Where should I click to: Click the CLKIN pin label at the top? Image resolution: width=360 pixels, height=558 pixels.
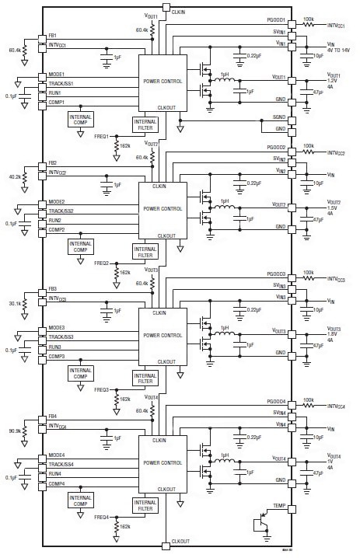178,12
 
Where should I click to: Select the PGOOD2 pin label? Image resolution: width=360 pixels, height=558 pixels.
275,148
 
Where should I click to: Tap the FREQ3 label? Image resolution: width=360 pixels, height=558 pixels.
102,389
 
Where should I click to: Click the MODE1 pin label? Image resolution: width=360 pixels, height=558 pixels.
57,75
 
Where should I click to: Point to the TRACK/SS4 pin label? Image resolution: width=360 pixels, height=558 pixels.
61,463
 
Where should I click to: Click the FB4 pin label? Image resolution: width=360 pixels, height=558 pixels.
52,417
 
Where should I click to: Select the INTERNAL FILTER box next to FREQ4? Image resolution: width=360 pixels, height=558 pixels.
145,504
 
